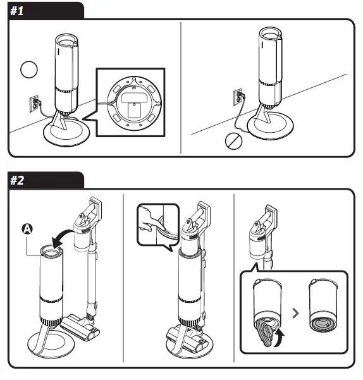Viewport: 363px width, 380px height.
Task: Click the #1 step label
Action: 16,11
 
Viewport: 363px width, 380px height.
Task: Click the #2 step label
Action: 17,181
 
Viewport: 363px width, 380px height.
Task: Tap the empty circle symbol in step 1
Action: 29,70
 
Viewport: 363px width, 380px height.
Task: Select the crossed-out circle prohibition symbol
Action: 233,141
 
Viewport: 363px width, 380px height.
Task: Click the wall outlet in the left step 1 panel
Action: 34,104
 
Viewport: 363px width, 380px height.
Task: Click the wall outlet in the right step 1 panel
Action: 238,97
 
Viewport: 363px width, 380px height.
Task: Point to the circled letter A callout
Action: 27,229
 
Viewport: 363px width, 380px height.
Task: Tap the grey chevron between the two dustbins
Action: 295,313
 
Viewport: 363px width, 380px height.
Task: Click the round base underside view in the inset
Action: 134,102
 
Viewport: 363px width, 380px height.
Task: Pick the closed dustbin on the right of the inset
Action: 323,305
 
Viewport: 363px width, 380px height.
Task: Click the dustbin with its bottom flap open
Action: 267,312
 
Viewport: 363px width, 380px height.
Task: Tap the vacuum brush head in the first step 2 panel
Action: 80,328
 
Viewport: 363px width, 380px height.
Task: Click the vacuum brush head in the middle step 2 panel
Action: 188,340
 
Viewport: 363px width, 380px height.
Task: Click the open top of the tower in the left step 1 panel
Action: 66,39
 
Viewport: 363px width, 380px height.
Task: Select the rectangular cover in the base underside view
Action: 134,110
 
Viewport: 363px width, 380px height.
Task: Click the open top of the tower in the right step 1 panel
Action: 270,33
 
